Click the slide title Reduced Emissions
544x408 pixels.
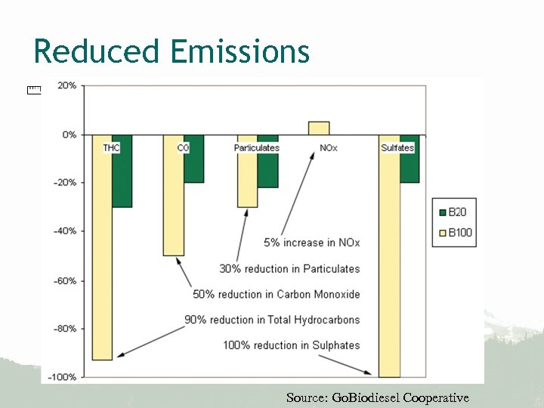[172, 52]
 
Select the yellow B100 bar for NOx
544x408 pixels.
[319, 128]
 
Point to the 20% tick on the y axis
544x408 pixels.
[67, 85]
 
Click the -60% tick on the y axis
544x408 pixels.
[66, 280]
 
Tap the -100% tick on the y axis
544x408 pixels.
[63, 377]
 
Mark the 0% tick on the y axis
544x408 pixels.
[69, 134]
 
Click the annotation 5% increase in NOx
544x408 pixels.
[311, 243]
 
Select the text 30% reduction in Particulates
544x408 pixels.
[289, 268]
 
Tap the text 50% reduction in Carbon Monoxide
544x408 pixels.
[277, 294]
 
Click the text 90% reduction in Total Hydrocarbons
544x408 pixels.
[272, 320]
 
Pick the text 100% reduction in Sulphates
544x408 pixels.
[291, 345]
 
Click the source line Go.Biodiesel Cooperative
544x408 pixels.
[378, 397]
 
